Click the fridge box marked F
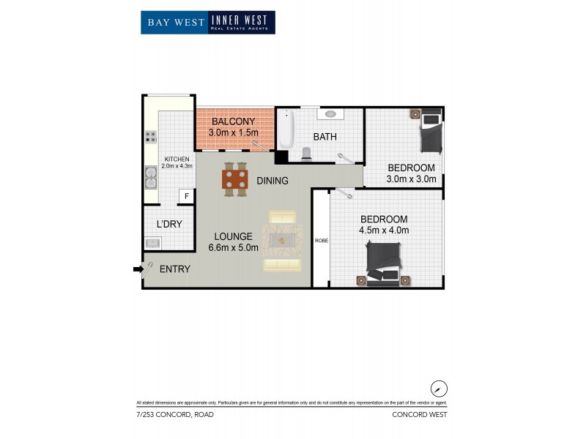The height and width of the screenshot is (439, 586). point(186,196)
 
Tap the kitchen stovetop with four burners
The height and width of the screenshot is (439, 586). point(150,136)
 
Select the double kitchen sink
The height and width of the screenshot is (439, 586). point(150,176)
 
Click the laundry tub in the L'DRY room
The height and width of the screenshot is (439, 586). point(153,243)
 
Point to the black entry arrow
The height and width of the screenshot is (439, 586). point(137,269)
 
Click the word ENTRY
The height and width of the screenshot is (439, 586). point(174,269)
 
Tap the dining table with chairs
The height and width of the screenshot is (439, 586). point(234,180)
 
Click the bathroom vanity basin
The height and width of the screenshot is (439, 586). point(329,114)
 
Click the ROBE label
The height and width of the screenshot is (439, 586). point(320,241)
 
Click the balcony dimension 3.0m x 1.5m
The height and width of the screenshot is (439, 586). point(233,132)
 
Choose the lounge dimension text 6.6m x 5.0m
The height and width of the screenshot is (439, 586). point(233,248)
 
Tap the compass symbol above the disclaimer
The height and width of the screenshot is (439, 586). point(439,389)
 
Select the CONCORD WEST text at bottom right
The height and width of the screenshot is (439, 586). point(420,415)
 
